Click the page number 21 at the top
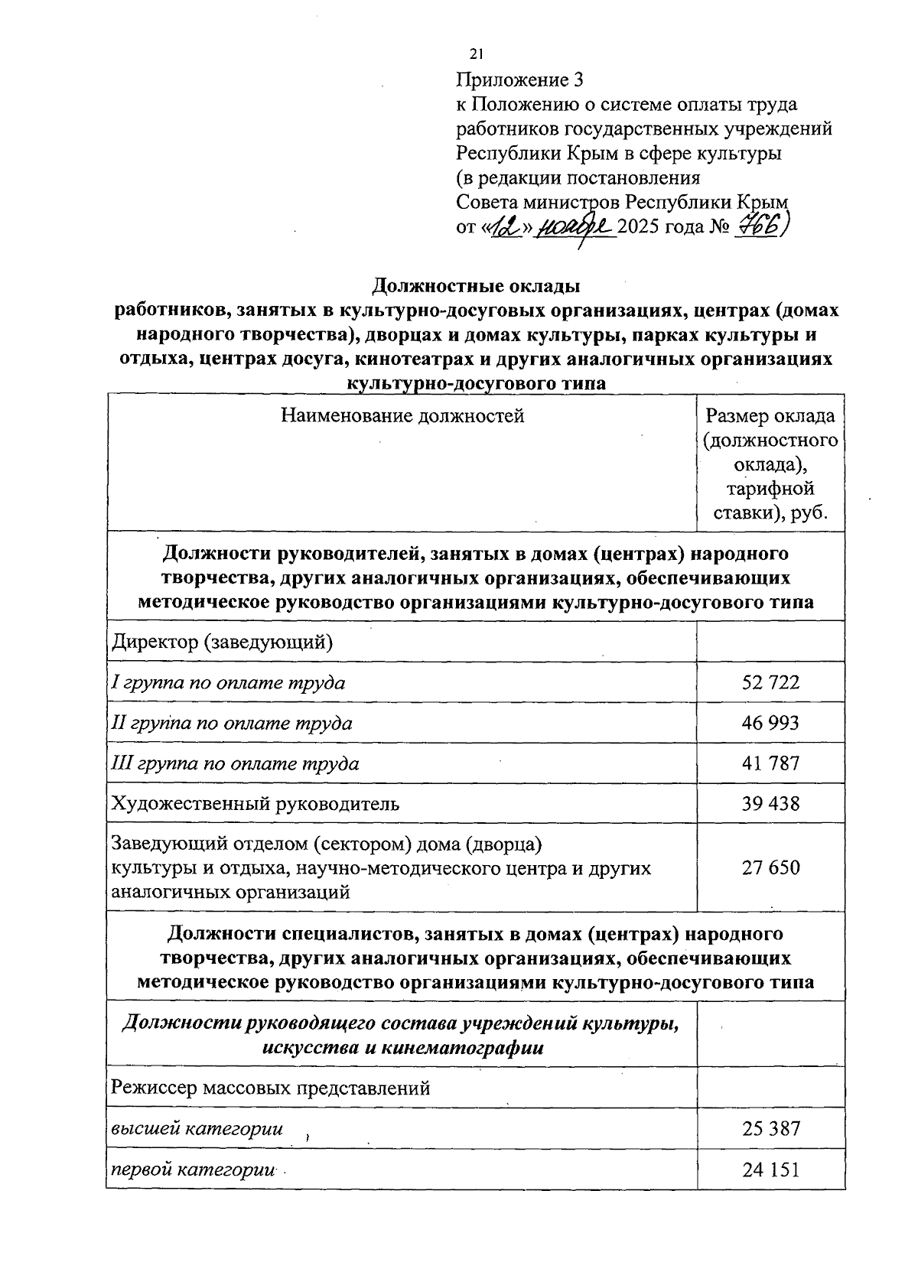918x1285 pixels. (477, 54)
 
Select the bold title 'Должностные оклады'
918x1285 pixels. (476, 286)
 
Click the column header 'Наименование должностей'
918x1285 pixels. (402, 416)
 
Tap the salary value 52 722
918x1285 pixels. (770, 682)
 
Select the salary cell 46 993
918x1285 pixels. (770, 723)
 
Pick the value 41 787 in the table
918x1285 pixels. (770, 763)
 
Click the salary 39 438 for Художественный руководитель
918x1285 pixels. (770, 803)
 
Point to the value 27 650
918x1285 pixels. (770, 867)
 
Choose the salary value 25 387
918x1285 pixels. (770, 1128)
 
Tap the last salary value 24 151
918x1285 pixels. (770, 1170)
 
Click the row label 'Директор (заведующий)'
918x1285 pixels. (223, 641)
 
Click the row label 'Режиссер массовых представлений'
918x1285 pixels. (271, 1088)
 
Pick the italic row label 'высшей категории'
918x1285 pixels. (197, 1128)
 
